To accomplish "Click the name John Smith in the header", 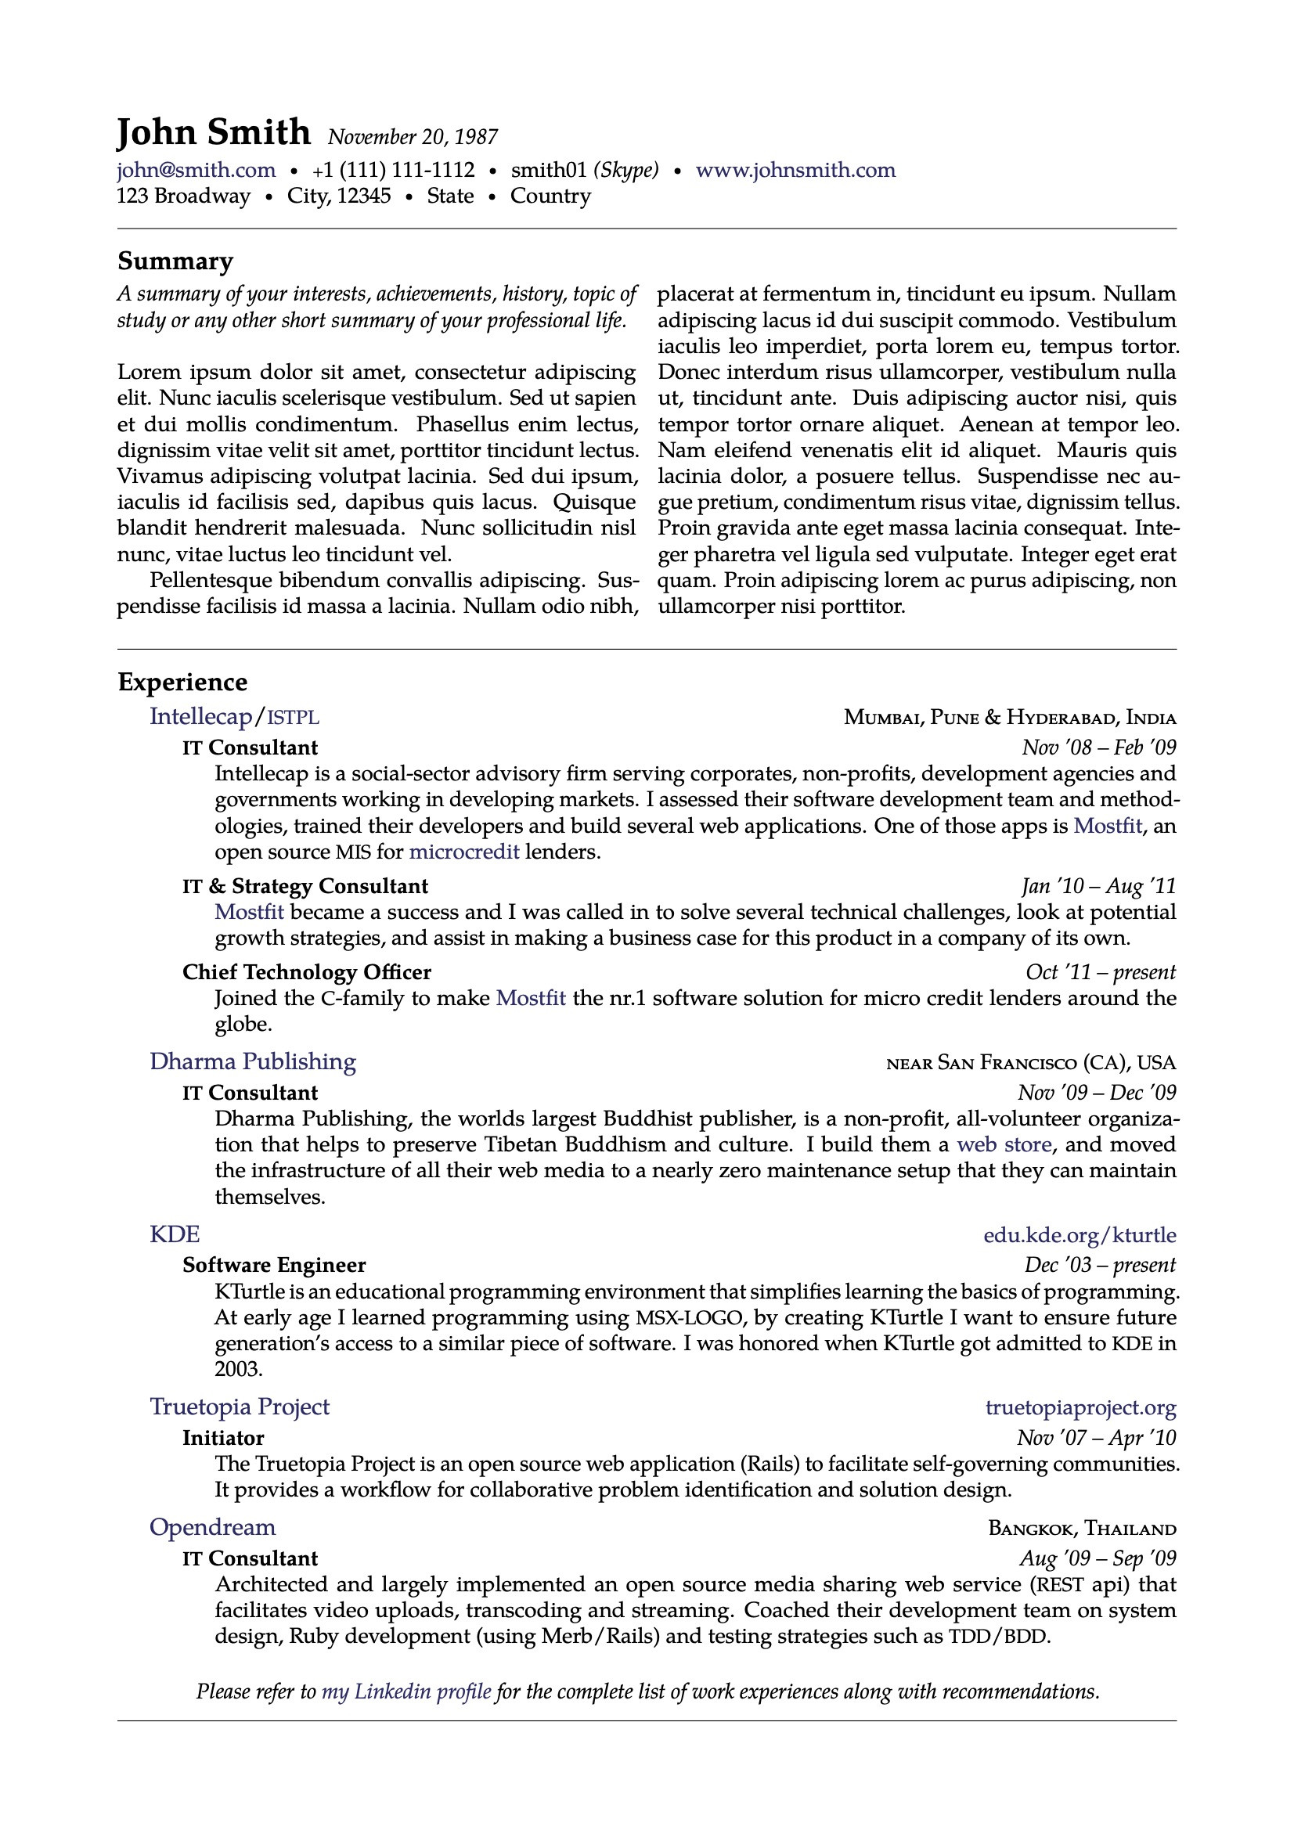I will pos(213,132).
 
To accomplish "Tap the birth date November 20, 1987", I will pos(413,137).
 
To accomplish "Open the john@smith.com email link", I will pos(196,170).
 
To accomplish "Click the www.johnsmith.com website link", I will pos(795,170).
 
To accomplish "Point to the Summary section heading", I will pos(175,261).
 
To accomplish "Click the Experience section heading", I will pos(182,683).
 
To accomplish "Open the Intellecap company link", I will pos(200,715).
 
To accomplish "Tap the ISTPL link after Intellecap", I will pos(293,717).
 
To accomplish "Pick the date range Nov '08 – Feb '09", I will pos(1098,747).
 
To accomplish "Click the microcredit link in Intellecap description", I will pos(464,852).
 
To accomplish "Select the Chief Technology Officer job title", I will pos(307,972).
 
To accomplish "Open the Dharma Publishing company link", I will pos(253,1061).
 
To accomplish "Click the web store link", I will pos(1004,1145).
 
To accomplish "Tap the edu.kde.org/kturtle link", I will pos(1080,1235).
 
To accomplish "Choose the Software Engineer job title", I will pos(274,1266).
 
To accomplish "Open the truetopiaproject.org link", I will pos(1080,1408).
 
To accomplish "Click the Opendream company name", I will pos(213,1527).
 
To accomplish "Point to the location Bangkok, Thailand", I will pos(1082,1529).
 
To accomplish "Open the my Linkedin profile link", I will pos(406,1691).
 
